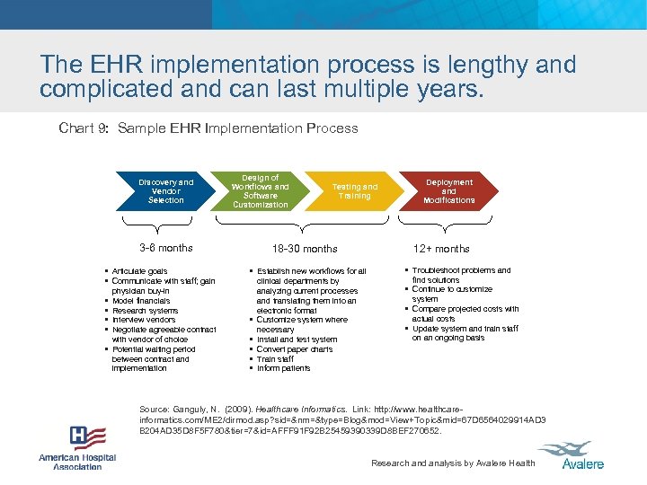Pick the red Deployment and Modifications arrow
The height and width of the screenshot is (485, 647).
[x=448, y=191]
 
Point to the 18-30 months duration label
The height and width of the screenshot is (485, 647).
[x=305, y=249]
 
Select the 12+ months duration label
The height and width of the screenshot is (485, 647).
[x=441, y=249]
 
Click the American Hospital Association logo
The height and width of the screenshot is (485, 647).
[x=78, y=447]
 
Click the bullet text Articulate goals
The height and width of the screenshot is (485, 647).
[x=139, y=271]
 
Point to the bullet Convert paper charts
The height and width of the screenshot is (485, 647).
[x=295, y=349]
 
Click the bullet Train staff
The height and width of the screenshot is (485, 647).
[x=277, y=359]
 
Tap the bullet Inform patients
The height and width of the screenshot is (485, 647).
[x=283, y=368]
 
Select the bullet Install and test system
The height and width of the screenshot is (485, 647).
[x=297, y=339]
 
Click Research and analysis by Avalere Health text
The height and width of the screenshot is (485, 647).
[x=453, y=463]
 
